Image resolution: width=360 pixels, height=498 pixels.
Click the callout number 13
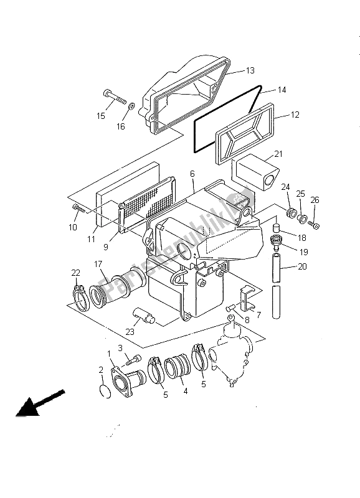click(250, 70)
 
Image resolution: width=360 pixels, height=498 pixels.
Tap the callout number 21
click(278, 154)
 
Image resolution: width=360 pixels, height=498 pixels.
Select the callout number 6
click(192, 174)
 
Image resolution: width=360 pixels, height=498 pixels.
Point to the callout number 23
click(130, 332)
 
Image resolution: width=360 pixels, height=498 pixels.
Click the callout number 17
click(98, 264)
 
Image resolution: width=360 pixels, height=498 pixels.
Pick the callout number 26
click(315, 200)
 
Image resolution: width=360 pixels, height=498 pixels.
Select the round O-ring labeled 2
click(105, 391)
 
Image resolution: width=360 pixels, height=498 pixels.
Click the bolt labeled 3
click(133, 360)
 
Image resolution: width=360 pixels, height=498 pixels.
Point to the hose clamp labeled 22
click(81, 298)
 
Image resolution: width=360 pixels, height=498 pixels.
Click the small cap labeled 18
click(277, 227)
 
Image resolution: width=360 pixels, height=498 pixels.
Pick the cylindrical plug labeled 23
click(144, 316)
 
